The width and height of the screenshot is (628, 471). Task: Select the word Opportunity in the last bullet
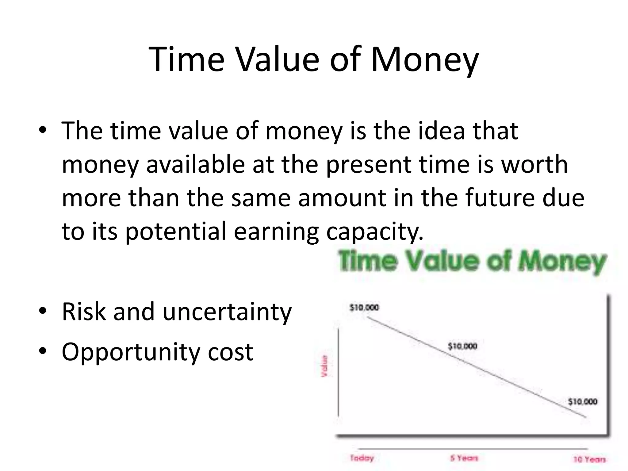pyautogui.click(x=131, y=352)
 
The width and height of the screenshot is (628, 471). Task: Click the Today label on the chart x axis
pyautogui.click(x=362, y=458)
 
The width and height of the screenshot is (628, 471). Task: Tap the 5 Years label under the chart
pyautogui.click(x=464, y=458)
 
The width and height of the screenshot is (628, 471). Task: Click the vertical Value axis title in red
pyautogui.click(x=324, y=366)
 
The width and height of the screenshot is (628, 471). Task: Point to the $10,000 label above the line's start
pyautogui.click(x=364, y=307)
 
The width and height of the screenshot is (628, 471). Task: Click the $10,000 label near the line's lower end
pyautogui.click(x=582, y=401)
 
